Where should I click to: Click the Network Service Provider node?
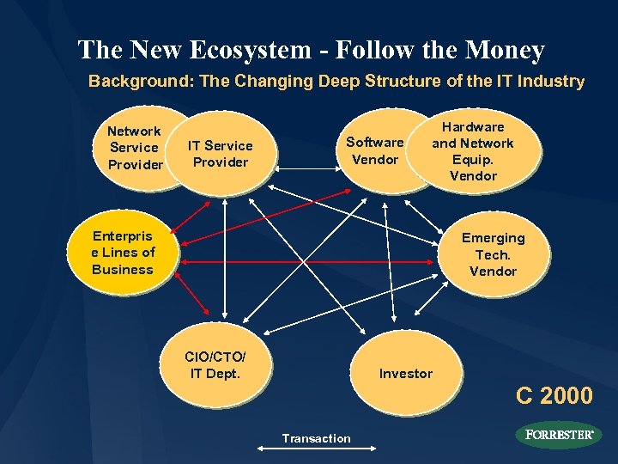[135, 147]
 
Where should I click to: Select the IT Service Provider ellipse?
[221, 154]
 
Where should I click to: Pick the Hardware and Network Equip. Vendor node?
[473, 151]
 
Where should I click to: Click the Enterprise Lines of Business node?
[123, 253]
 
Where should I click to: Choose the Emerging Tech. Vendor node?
[493, 254]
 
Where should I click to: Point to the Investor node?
[406, 373]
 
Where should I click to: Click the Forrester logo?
[559, 435]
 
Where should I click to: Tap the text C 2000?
[554, 395]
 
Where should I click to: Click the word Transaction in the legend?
[316, 438]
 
